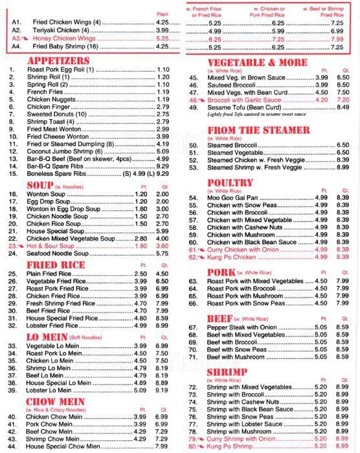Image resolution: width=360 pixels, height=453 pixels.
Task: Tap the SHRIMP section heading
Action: (227, 371)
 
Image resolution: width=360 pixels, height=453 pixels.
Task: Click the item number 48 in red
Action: (194, 100)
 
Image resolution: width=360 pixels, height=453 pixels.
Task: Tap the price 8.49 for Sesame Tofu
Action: (343, 107)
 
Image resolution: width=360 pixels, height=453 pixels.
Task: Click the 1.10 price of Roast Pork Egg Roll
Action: (163, 69)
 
